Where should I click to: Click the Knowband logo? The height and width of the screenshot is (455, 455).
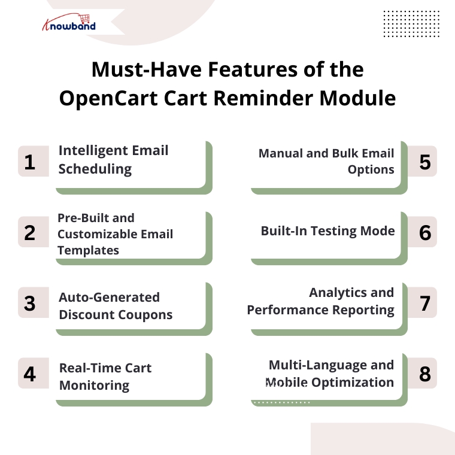[69, 22]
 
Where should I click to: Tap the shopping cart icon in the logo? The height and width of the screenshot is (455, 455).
[85, 19]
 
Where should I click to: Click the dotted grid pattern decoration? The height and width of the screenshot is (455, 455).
[411, 24]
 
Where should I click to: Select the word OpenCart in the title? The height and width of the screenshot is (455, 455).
[108, 98]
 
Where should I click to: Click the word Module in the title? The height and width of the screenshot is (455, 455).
[357, 98]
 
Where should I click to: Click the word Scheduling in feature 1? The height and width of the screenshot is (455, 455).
[95, 169]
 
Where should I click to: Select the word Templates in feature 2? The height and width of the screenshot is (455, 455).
[88, 250]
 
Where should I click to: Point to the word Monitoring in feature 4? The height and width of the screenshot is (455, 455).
[95, 386]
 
